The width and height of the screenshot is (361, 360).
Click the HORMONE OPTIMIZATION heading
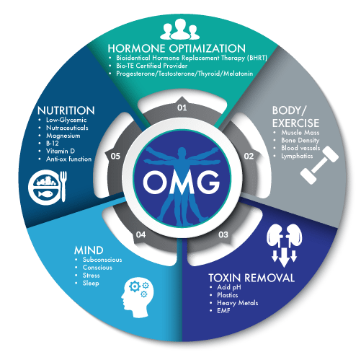coord(177,48)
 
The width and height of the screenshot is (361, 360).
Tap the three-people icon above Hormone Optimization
coord(179,29)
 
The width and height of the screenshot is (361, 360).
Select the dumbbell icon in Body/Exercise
coord(319,165)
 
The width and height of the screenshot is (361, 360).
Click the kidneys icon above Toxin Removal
coord(285,245)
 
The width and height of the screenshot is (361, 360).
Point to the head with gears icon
coord(138,297)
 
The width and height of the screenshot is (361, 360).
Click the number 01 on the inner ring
coord(182,107)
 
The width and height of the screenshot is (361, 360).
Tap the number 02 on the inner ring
coord(249,157)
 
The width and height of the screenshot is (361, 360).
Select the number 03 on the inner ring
coord(223,234)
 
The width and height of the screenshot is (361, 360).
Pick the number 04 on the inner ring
coord(141,234)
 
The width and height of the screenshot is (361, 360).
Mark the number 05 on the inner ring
coord(115,157)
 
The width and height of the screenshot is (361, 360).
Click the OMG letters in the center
coord(182,182)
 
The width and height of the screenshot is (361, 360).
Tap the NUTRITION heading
coord(66,110)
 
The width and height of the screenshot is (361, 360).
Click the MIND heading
coord(89,250)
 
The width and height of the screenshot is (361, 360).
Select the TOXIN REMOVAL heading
coord(251,278)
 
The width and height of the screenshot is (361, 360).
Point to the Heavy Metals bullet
coord(238,303)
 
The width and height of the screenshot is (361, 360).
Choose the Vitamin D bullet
coord(61,151)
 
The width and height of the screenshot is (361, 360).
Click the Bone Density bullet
coord(300,140)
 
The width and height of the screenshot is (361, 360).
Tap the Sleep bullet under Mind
coord(91,284)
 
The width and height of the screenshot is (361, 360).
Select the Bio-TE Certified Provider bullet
coord(152,66)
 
